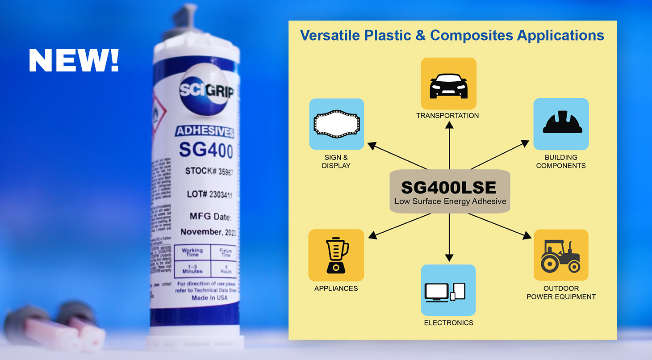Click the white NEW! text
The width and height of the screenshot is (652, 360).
tap(74, 60)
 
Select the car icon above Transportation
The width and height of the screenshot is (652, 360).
tap(449, 84)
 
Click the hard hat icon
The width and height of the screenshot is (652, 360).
tap(561, 123)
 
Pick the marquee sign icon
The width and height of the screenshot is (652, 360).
tap(336, 124)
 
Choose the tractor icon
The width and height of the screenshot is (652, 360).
tap(561, 255)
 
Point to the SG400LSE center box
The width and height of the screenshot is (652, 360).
tap(450, 192)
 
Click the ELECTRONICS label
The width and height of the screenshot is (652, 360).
tap(449, 322)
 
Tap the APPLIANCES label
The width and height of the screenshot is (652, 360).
tap(336, 289)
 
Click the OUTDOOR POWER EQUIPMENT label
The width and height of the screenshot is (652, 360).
tap(561, 293)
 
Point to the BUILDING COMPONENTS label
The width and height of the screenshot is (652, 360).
tap(561, 161)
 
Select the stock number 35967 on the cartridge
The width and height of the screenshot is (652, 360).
tap(222, 172)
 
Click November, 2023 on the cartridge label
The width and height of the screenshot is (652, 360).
tap(208, 232)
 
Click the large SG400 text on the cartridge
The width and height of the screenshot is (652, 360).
tap(206, 150)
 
